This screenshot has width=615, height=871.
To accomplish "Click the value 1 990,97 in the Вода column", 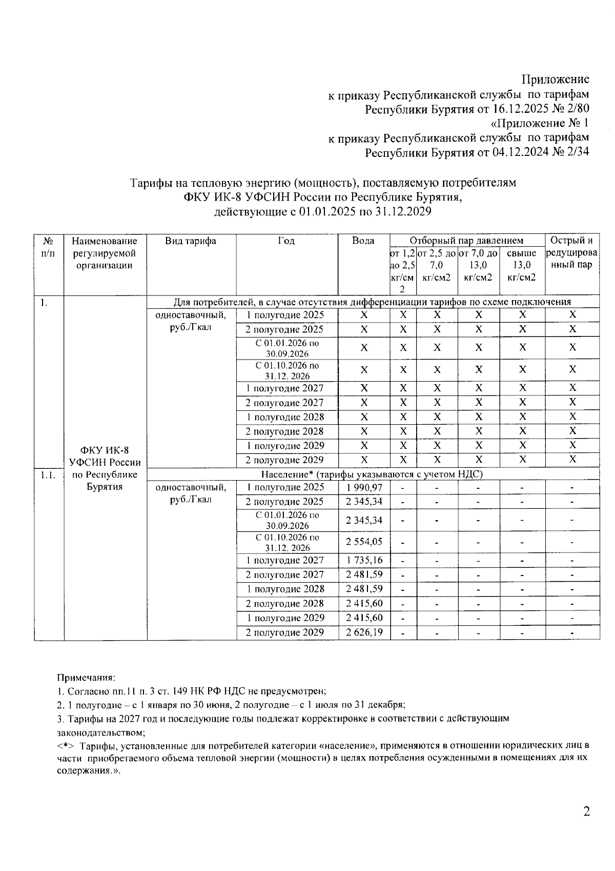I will [364, 487].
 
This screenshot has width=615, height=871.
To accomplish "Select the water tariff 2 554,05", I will [364, 542].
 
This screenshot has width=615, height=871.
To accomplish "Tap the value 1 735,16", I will [364, 560].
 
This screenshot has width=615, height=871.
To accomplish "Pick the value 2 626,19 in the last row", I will [364, 632].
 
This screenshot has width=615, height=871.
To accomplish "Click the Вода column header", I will [363, 241].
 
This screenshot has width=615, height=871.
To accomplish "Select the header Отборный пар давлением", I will [466, 241].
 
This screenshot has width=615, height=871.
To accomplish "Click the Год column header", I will [286, 241].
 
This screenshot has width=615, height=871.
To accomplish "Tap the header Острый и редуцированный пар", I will [571, 253].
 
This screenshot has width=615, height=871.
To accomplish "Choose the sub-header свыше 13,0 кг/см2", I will [521, 265].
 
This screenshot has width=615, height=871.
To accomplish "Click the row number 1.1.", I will [48, 475].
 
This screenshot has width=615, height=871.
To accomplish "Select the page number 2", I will [586, 811].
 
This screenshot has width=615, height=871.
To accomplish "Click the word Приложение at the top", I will [555, 80].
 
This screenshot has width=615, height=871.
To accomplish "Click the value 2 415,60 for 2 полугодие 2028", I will [364, 604].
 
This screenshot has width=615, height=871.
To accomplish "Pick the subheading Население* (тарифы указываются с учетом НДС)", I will [372, 474].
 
